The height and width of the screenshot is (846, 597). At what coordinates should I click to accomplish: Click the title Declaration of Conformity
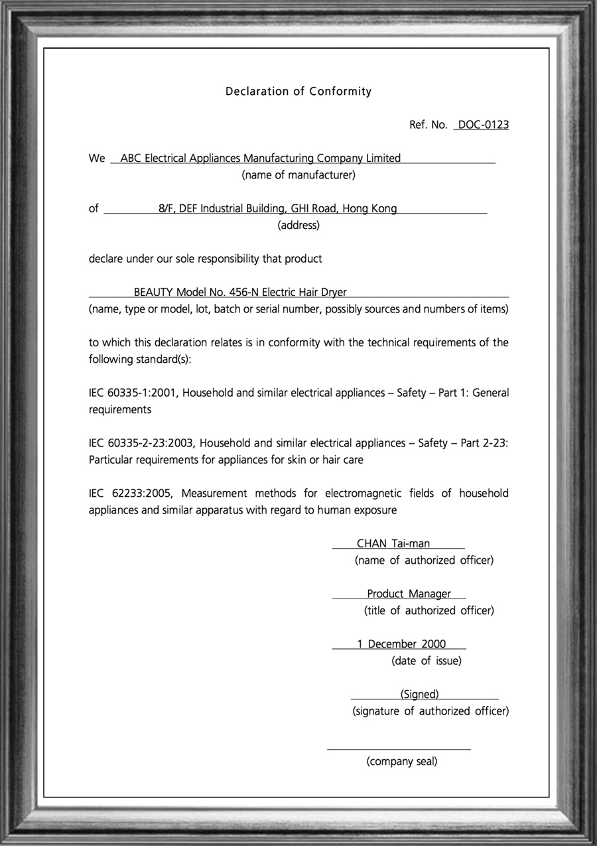[x=298, y=92]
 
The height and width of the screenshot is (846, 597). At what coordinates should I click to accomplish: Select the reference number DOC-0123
[x=483, y=125]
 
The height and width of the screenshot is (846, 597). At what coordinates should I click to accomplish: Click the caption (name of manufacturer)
[x=298, y=175]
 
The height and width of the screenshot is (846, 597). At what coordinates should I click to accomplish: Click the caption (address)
[x=298, y=225]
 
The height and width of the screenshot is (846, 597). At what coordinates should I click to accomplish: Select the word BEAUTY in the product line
[x=153, y=292]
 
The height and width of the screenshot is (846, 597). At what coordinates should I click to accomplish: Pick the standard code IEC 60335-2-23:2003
[x=141, y=443]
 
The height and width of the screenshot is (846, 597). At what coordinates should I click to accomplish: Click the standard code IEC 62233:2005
[x=131, y=494]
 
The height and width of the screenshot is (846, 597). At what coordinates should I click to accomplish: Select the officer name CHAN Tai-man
[x=393, y=544]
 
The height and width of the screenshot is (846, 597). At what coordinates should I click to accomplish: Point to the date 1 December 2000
[x=401, y=644]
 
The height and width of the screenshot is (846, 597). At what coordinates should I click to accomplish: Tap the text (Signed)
[x=420, y=694]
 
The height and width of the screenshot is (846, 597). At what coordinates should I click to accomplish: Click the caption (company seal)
[x=402, y=761]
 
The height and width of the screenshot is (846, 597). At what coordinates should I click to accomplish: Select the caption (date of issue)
[x=427, y=661]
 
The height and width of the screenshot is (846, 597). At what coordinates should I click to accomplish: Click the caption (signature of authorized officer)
[x=431, y=711]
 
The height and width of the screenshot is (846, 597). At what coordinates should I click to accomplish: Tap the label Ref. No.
[x=429, y=125]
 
